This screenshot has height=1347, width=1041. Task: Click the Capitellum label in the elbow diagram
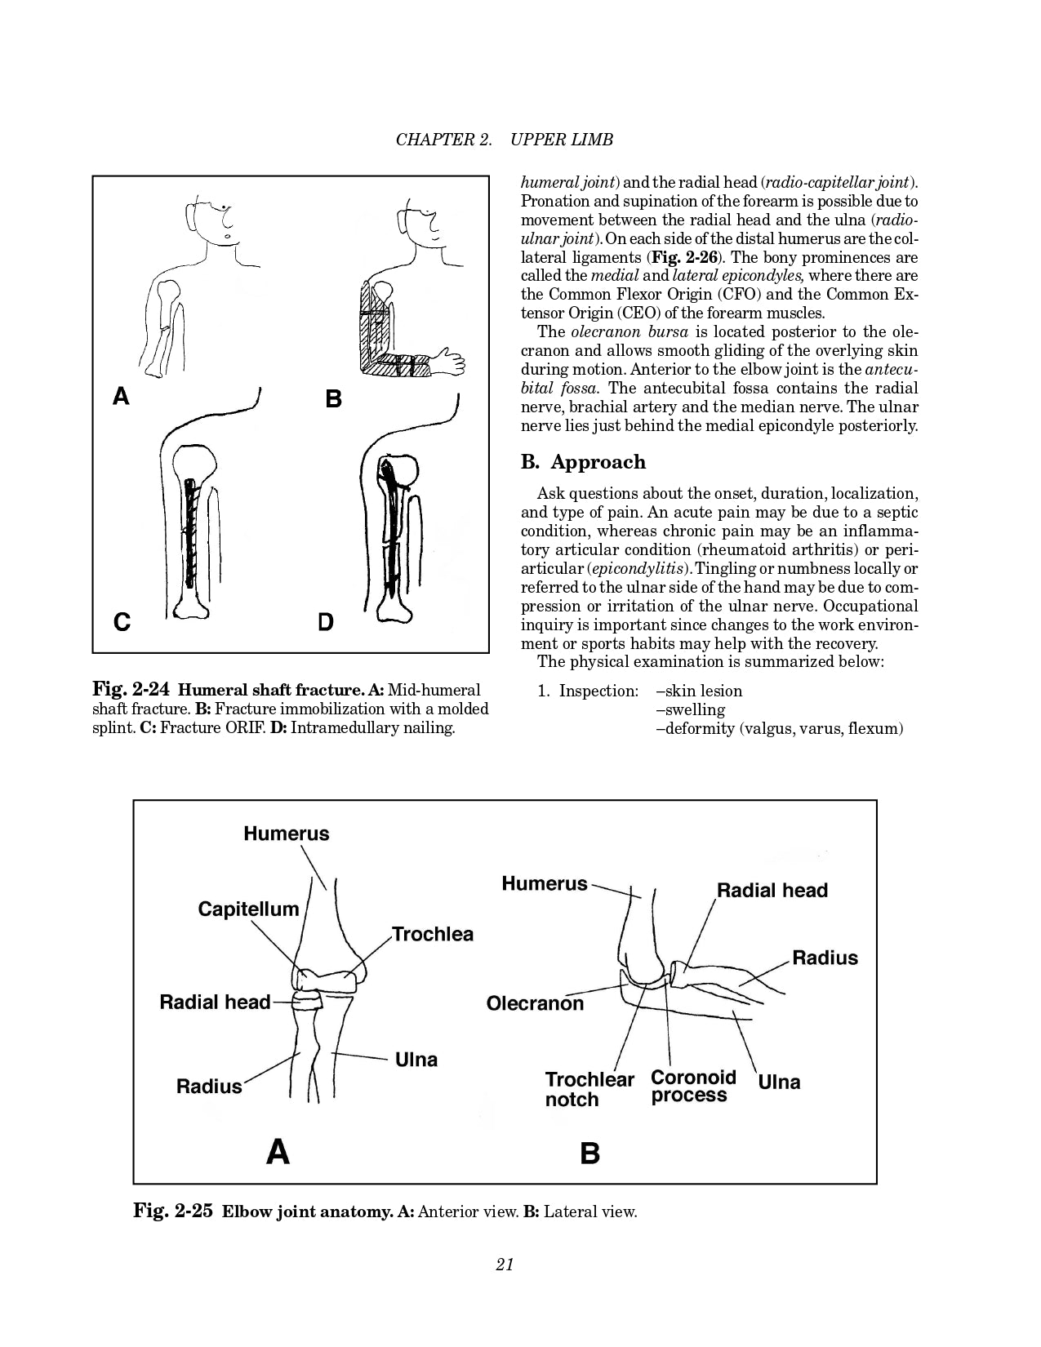248,909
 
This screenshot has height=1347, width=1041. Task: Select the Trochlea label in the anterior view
432,934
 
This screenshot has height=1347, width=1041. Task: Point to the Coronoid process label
693,1087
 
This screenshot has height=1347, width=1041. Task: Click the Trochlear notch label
589,1089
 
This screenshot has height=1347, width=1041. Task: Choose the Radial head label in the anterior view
215,1002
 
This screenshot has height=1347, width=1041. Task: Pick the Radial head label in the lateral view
772,890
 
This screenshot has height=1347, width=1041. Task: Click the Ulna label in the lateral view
779,1082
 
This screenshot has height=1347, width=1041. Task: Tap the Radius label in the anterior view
209,1086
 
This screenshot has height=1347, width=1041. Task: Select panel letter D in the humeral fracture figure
326,622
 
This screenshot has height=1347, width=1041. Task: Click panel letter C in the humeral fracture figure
122,622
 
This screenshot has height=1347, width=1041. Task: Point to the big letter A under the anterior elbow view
278,1152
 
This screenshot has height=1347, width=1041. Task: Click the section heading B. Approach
583,462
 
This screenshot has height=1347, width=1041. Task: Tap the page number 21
505,1265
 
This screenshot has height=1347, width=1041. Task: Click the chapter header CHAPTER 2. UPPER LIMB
504,140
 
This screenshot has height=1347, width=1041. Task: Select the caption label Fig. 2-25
173,1211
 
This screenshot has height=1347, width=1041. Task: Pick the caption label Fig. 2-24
131,690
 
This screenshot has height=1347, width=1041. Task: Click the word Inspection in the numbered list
598,691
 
